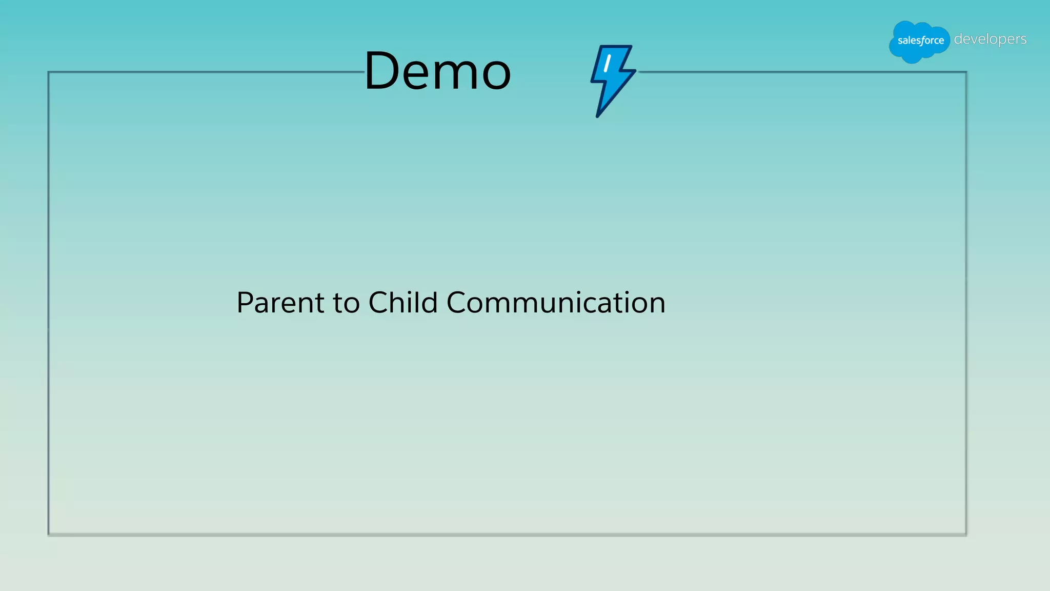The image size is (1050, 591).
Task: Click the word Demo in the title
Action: pyautogui.click(x=437, y=71)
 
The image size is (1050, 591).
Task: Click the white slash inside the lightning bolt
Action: pyautogui.click(x=607, y=64)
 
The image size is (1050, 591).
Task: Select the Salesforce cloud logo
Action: pyautogui.click(x=919, y=41)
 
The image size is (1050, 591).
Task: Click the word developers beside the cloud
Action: pyautogui.click(x=990, y=39)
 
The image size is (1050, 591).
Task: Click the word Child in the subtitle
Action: pyautogui.click(x=402, y=302)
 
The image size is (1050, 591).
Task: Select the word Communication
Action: pyautogui.click(x=556, y=302)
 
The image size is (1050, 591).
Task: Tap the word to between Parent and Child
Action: pyautogui.click(x=347, y=303)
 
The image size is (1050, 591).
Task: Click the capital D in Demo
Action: pyautogui.click(x=382, y=71)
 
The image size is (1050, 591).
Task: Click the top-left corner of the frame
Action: pyautogui.click(x=49, y=72)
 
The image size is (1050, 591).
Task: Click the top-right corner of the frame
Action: pyautogui.click(x=966, y=72)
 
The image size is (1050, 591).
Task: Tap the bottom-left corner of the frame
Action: pyautogui.click(x=49, y=535)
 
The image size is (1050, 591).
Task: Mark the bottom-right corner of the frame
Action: pyautogui.click(x=966, y=535)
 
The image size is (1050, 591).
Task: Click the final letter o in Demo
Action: pyautogui.click(x=496, y=75)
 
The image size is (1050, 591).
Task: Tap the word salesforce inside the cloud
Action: pyautogui.click(x=920, y=41)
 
